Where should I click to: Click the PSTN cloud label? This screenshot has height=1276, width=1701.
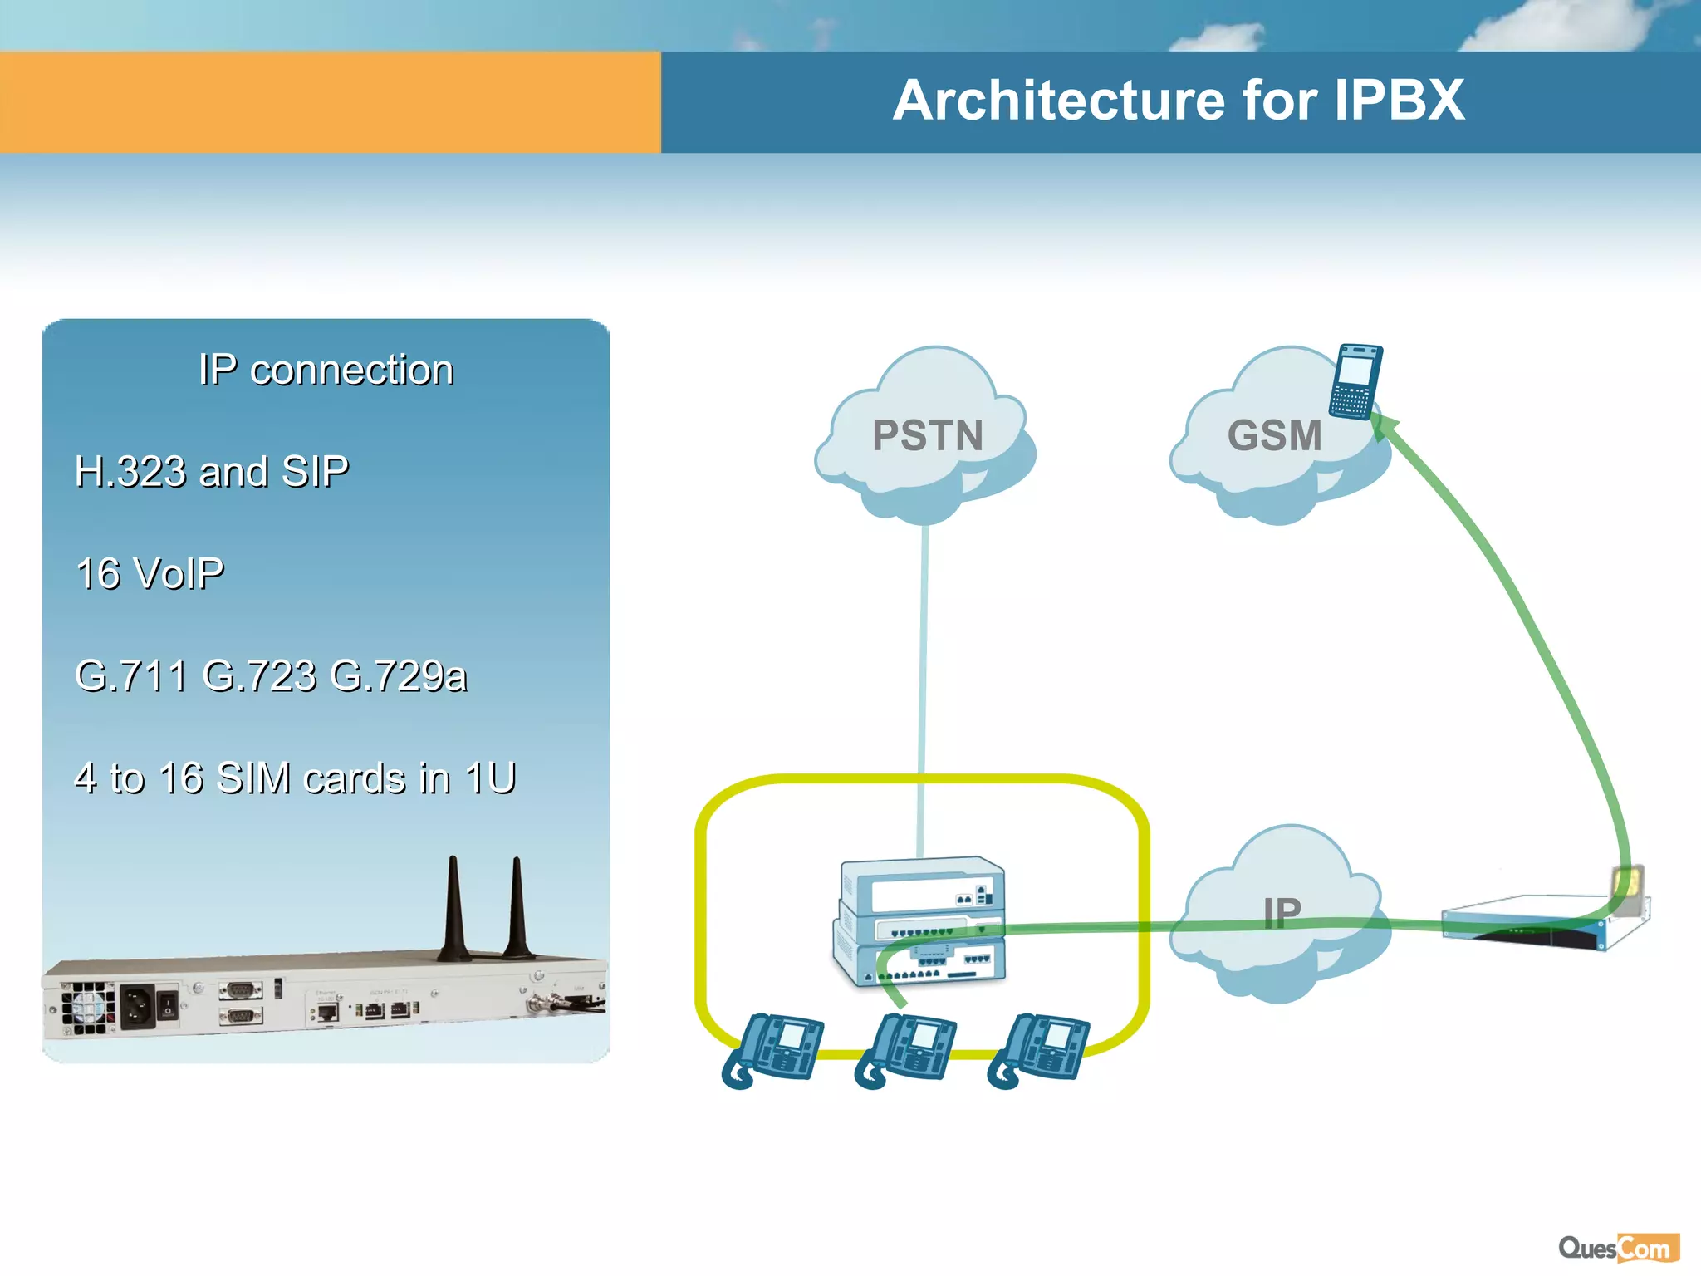point(927,435)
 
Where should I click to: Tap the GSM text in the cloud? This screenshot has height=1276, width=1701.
point(1274,435)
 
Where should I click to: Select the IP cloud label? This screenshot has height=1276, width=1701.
point(1282,912)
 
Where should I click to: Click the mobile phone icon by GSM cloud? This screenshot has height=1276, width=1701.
point(1355,381)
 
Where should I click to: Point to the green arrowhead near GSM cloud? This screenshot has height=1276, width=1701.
point(1382,425)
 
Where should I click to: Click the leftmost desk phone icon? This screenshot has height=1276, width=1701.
point(773,1048)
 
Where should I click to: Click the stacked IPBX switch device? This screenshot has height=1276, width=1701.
point(920,922)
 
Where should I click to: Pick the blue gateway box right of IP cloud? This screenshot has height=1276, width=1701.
point(1545,922)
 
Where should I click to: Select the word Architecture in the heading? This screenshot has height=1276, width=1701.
point(1059,101)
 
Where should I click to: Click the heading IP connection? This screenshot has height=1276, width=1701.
point(326,370)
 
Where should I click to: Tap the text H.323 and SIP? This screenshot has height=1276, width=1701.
point(212,472)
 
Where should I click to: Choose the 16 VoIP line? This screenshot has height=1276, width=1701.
point(150,574)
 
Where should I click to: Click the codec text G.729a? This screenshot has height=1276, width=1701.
point(399,675)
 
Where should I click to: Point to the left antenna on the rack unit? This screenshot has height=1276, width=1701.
point(453,910)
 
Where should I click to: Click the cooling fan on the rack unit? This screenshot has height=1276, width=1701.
point(87,1008)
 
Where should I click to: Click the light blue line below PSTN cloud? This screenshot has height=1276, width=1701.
point(924,648)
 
